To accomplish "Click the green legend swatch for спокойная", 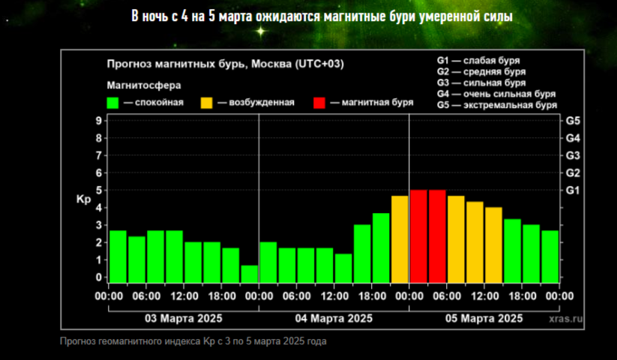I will (114, 103).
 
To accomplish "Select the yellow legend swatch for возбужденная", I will (208, 103).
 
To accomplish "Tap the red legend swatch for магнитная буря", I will (320, 103).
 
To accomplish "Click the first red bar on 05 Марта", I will (418, 236).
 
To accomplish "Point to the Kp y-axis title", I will (83, 200).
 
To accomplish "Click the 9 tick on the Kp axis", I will (98, 121).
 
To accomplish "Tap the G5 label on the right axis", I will (573, 121).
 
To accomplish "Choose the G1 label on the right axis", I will (573, 190).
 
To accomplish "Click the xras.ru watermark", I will (566, 319).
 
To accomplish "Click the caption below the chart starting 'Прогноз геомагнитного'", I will (193, 341).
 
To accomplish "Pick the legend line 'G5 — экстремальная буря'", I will (496, 105).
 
